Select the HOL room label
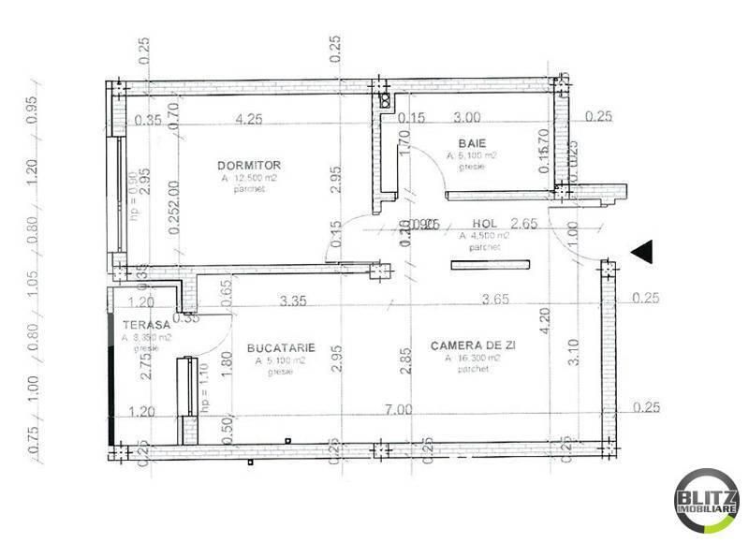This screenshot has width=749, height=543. tap(484, 224)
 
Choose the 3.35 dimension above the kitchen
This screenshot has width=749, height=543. tap(297, 301)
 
